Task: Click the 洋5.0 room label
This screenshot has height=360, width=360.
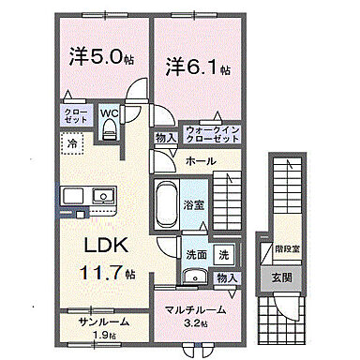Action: tap(98, 58)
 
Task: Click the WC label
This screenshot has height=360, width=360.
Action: tap(109, 115)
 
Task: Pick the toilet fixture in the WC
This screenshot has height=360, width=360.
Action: tap(109, 133)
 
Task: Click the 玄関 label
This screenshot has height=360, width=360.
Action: tap(282, 277)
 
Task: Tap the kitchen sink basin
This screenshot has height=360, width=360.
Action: tap(99, 197)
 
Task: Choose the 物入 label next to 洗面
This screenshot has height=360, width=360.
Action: tap(225, 277)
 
